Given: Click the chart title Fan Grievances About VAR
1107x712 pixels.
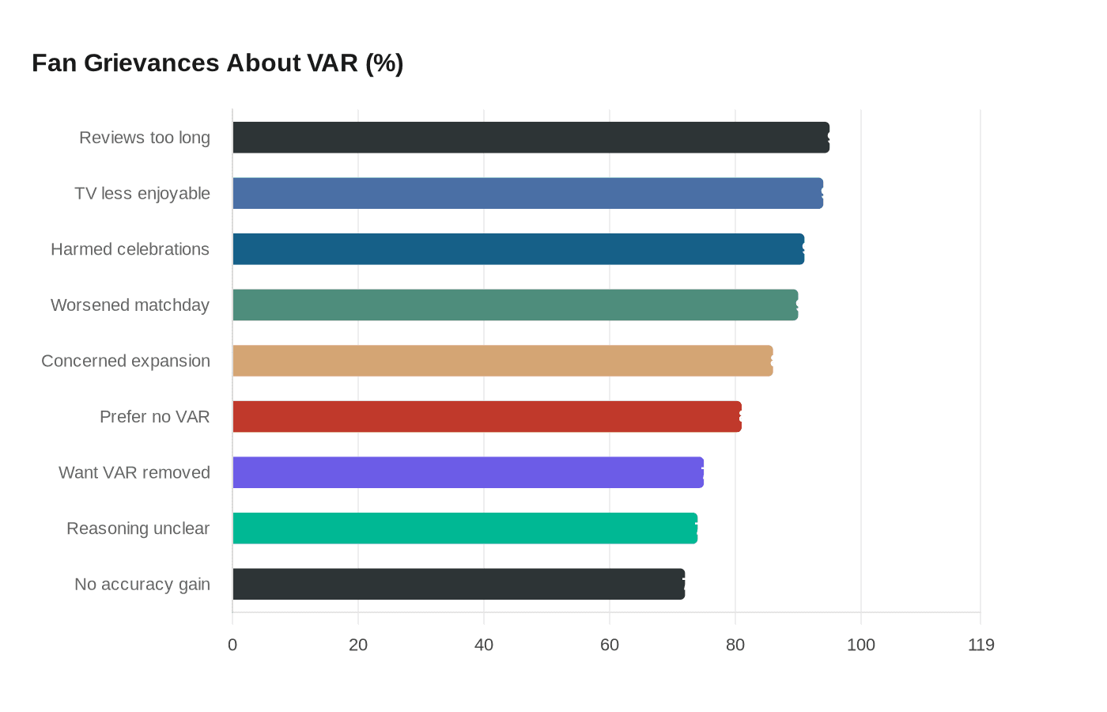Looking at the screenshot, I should (x=217, y=63).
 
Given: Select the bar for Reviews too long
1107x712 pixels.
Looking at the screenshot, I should (x=531, y=138).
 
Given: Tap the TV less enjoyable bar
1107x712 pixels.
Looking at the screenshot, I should (x=527, y=193).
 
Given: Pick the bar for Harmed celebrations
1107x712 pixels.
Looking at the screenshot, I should (x=518, y=249).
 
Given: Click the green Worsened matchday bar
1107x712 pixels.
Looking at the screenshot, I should (x=515, y=305).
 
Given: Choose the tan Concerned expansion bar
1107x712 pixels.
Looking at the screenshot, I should (x=502, y=361).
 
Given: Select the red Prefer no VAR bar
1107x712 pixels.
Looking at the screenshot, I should (x=487, y=417).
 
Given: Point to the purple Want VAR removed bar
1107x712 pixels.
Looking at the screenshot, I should (x=468, y=472).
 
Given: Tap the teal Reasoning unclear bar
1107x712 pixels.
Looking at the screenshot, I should (x=465, y=528).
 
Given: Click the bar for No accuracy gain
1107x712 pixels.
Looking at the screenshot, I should (x=459, y=584).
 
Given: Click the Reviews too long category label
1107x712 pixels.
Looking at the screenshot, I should (x=145, y=138).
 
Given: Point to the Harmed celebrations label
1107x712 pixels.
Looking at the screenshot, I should (x=130, y=249).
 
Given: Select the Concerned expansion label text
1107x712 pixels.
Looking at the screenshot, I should (x=126, y=361).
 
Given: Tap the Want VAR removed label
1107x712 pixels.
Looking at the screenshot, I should (x=134, y=472).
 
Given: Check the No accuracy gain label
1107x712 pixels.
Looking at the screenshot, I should (x=142, y=584).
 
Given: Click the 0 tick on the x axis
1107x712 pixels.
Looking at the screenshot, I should (x=232, y=645).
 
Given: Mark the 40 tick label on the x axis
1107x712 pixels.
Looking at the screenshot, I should (x=484, y=645).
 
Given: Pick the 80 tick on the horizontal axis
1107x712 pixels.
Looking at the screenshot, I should (x=735, y=645).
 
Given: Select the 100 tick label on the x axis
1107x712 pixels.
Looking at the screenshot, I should (x=861, y=645).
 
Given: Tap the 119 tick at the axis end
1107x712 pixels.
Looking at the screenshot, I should (x=980, y=645).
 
